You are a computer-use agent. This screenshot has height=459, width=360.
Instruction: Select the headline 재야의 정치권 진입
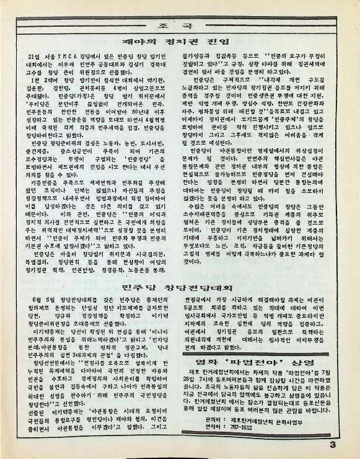click(x=179, y=42)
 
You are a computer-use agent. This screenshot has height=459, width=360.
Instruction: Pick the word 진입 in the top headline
click(x=213, y=42)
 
